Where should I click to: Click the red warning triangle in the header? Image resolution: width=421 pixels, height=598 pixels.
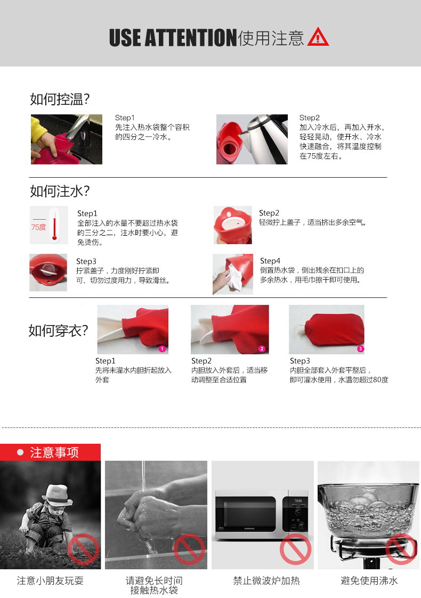pos(318,37)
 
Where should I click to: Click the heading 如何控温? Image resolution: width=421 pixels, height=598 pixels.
pos(60,99)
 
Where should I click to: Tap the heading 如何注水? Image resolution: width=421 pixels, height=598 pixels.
pos(60,191)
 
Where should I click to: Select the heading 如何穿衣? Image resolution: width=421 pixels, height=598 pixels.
pos(58,330)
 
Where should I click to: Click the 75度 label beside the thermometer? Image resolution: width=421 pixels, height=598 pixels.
pos(38,227)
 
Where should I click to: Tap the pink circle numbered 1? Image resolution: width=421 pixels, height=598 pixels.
pos(162,348)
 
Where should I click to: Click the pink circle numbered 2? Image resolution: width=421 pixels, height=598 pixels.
pos(262,348)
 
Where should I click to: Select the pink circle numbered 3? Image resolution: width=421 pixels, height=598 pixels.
pos(360,348)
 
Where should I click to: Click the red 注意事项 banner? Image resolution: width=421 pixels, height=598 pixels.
pos(51,452)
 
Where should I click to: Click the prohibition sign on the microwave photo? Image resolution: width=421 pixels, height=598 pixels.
pos(295,549)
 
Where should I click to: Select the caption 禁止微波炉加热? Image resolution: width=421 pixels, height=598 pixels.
pos(266,580)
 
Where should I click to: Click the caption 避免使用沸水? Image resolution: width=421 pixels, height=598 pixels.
pos(369,580)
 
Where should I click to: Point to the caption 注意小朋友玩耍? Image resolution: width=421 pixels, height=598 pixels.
pos(50,580)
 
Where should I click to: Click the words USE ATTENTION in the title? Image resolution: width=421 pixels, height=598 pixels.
pos(173,37)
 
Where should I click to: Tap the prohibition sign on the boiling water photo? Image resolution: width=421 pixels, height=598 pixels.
pos(401,549)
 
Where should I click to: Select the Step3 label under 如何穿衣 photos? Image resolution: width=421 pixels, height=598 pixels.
pos(300,361)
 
